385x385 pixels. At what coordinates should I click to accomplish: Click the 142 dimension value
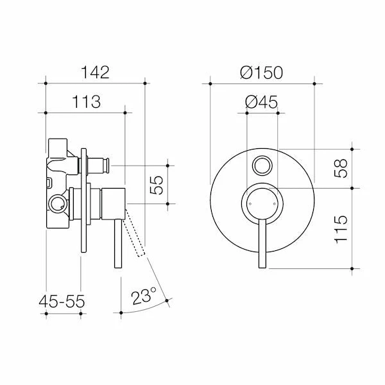96,72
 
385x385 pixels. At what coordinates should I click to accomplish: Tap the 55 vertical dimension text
155,185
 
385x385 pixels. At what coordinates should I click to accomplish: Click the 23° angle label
144,296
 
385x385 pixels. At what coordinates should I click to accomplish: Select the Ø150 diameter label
261,72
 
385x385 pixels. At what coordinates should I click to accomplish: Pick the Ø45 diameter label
261,101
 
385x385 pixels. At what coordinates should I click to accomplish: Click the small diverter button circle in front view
262,166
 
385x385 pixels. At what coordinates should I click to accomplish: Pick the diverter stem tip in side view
103,166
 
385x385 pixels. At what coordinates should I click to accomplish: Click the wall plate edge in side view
83,205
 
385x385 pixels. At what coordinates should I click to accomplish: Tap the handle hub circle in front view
262,204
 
